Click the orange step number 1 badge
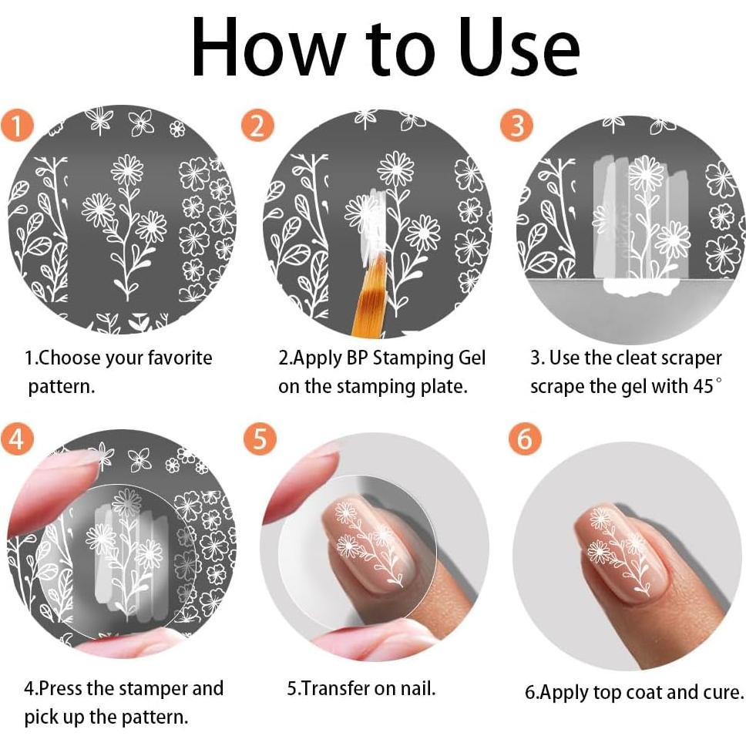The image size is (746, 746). (x=17, y=126)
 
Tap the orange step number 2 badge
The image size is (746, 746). (x=257, y=126)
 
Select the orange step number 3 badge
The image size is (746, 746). (x=516, y=126)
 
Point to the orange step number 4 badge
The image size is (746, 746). (x=17, y=439)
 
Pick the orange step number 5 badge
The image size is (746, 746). (x=260, y=439)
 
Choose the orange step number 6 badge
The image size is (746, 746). (x=525, y=439)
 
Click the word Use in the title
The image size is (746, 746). (x=519, y=48)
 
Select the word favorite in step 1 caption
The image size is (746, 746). (x=180, y=358)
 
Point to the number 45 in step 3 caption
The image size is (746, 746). (x=703, y=386)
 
